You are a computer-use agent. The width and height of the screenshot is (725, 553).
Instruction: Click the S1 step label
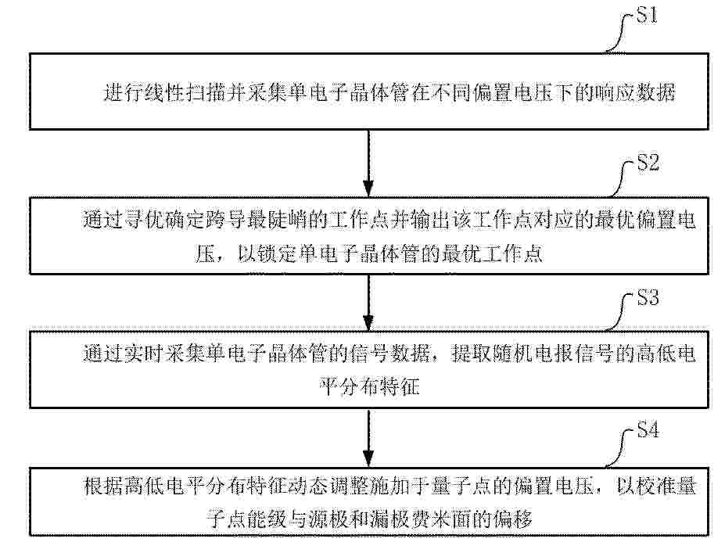click(647, 16)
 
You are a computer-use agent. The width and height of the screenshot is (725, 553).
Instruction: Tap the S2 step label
click(648, 163)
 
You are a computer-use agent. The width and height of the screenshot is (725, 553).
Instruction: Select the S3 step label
click(648, 297)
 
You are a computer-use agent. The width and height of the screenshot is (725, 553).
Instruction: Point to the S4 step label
click(648, 430)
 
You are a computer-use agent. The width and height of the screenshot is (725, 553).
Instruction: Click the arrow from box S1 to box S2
click(368, 163)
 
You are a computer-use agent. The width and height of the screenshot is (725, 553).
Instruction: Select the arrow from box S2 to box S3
click(368, 303)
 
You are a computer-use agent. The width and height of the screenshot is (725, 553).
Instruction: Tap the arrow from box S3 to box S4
click(368, 438)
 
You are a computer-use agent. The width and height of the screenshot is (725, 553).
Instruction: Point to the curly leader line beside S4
click(620, 448)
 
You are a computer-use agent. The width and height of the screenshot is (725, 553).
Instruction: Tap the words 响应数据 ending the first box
click(634, 92)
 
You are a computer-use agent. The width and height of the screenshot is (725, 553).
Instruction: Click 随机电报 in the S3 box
click(511, 354)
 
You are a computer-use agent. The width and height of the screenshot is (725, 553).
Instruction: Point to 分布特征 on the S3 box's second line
click(380, 386)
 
